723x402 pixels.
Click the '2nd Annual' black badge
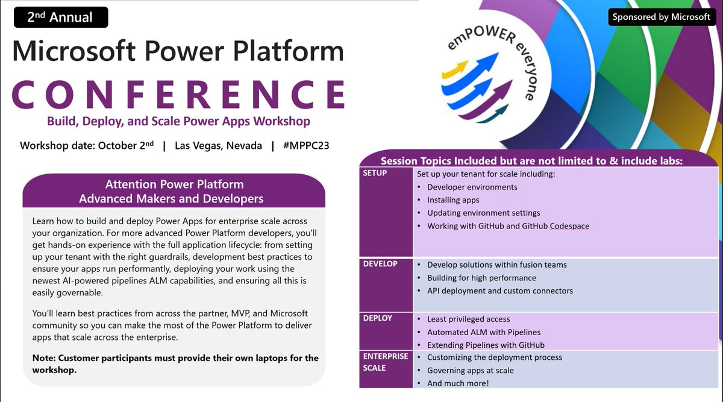coord(60,17)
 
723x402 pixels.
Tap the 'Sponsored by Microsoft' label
coord(661,17)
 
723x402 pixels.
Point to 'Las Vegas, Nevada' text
coord(218,146)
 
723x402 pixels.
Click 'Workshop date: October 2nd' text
coord(87,146)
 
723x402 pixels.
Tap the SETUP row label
coord(375,173)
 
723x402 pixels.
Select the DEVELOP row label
coord(381,263)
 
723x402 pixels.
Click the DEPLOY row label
coord(378,318)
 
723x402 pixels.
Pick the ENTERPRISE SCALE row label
coord(386,362)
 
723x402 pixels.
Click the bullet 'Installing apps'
coord(453,200)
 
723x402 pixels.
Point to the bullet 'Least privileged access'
coord(468,319)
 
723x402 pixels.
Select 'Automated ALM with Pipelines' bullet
coord(483,332)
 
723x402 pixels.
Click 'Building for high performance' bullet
coord(481,278)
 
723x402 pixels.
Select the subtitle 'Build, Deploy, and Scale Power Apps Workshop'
coord(179,121)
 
